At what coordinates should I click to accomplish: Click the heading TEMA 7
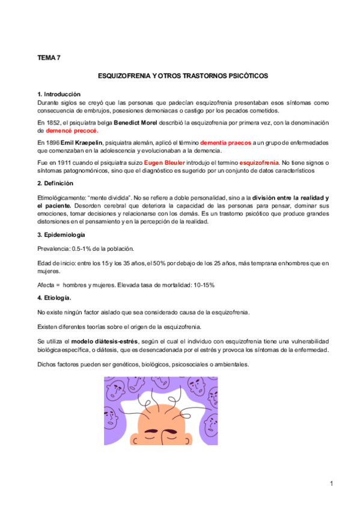49,58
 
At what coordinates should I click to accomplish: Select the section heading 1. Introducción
58,94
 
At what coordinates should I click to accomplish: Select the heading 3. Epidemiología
61,235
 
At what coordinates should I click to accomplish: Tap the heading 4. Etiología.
54,298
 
